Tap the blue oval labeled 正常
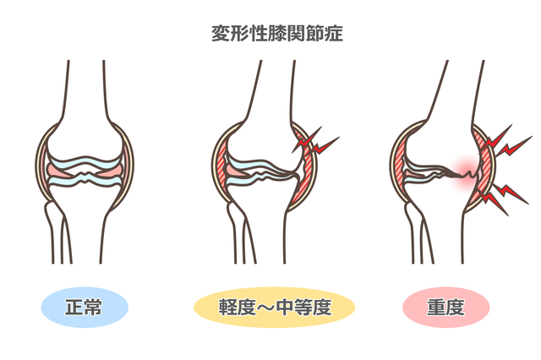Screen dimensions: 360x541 click(x=85, y=308)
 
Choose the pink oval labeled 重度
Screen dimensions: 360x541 click(x=445, y=308)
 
